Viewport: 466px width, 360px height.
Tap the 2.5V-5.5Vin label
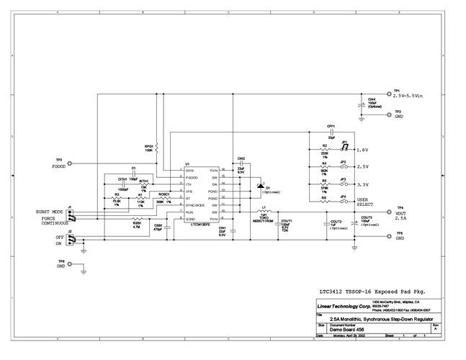pyautogui.click(x=416, y=95)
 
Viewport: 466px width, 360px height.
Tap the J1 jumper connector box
pyautogui.click(x=71, y=215)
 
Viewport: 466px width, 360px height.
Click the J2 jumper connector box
pyautogui.click(x=71, y=239)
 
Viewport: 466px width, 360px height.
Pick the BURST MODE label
pyautogui.click(x=48, y=212)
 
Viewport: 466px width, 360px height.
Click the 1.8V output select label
pyautogui.click(x=362, y=150)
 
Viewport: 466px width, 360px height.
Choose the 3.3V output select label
pyautogui.click(x=362, y=184)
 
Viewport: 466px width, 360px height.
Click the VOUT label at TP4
pyautogui.click(x=401, y=214)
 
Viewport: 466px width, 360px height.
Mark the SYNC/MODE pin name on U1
pyautogui.click(x=195, y=205)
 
